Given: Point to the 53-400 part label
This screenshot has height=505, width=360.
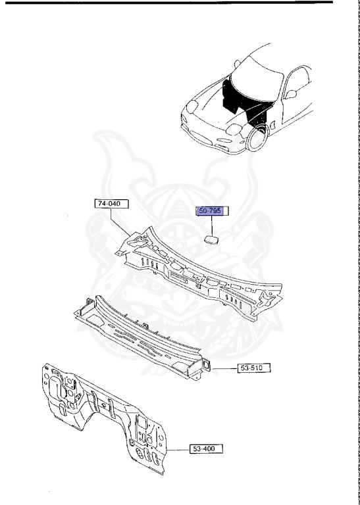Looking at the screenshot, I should point(205,448).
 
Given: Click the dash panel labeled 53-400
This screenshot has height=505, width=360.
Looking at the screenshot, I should point(105,414).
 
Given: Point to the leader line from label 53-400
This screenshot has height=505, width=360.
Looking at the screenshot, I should point(177,449).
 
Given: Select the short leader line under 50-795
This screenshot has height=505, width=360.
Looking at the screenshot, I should point(213,225).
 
